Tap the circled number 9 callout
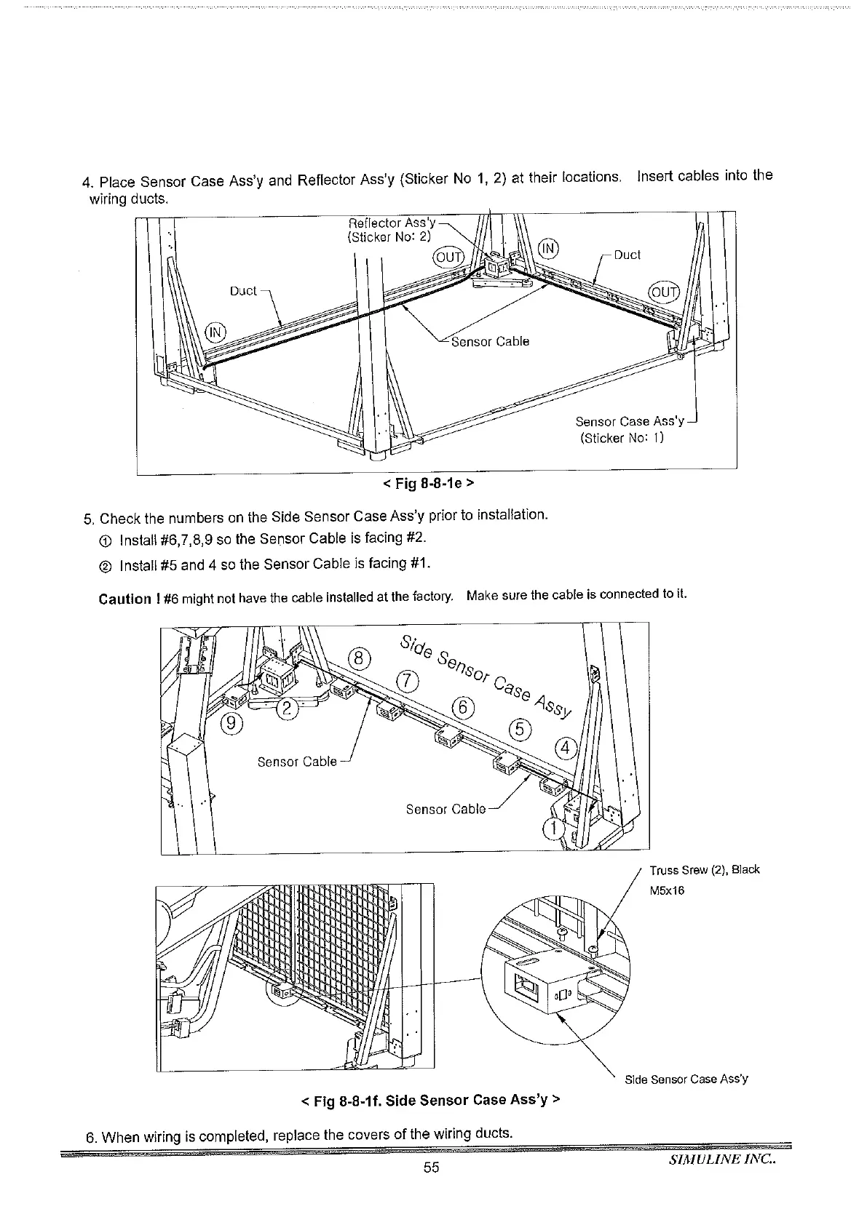(x=232, y=722)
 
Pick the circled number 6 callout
(x=463, y=706)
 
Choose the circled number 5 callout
(x=521, y=728)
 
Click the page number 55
(x=432, y=1168)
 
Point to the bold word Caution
(x=124, y=599)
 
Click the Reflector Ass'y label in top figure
(x=392, y=223)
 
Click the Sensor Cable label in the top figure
(x=490, y=342)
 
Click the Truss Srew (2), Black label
(x=704, y=870)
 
